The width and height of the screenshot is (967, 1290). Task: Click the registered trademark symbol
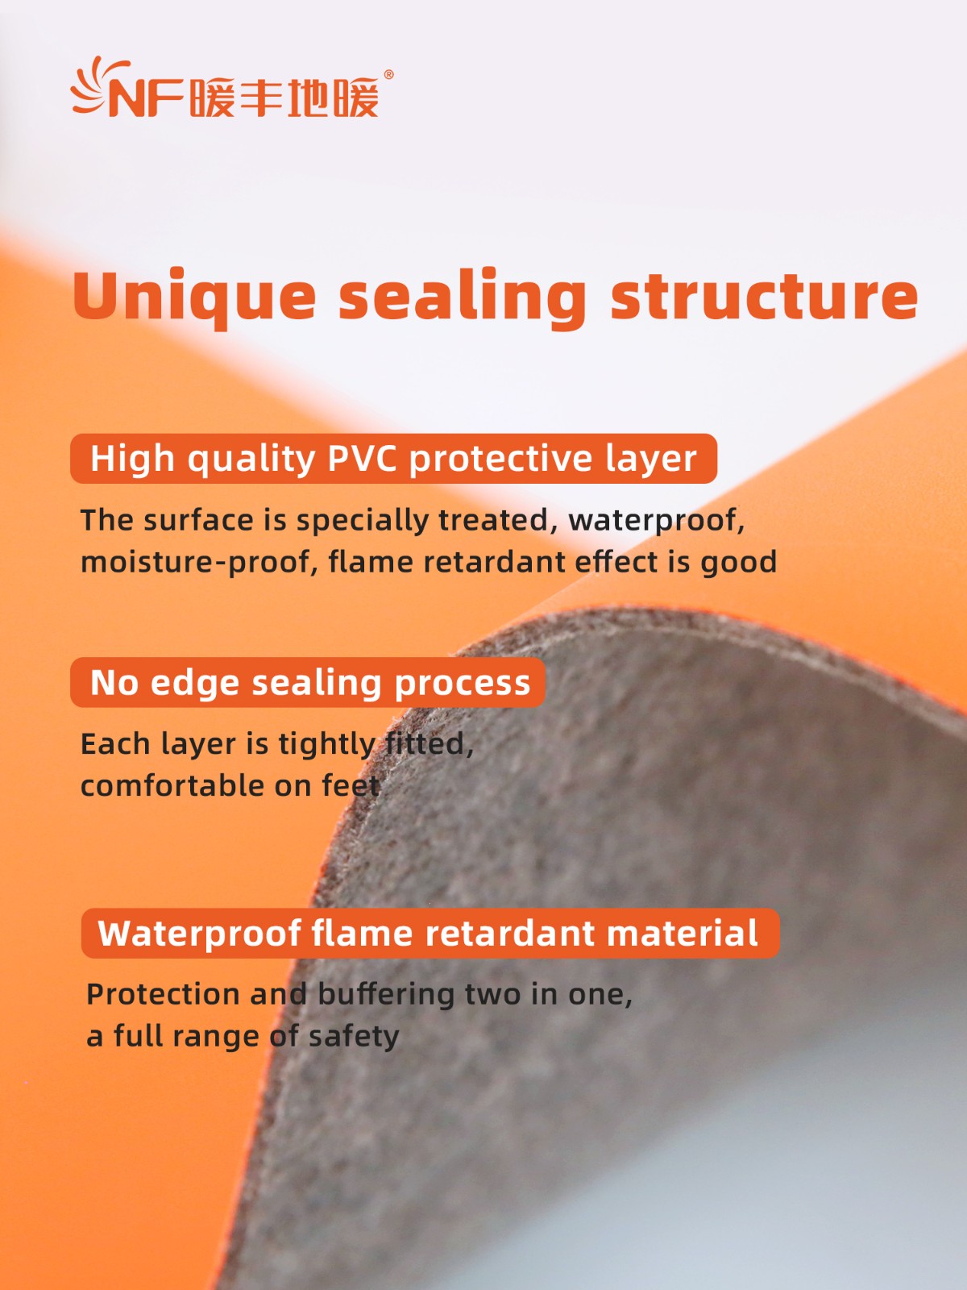[x=388, y=75]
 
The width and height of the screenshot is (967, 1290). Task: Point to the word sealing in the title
[x=463, y=298]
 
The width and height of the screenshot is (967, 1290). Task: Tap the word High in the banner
[x=133, y=459]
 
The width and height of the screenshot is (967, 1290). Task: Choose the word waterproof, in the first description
[x=657, y=521]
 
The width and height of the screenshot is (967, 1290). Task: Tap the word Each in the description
[x=115, y=745]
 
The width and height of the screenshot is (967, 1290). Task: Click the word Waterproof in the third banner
[x=200, y=934]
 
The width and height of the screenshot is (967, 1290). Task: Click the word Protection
[x=164, y=994]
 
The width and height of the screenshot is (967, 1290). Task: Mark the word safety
[x=354, y=1037]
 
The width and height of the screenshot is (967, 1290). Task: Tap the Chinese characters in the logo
[x=285, y=97]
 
